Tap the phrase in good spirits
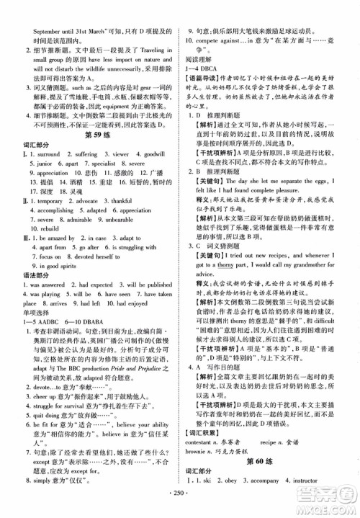(x=55, y=264)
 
